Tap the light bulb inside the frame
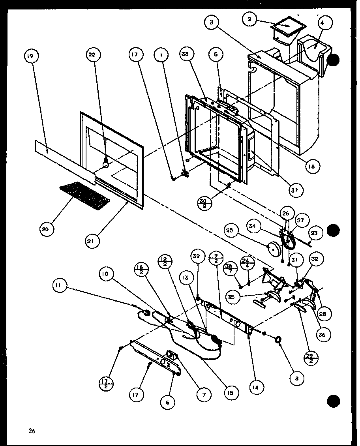tap(106, 162)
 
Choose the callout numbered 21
tap(93, 241)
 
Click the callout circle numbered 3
tap(212, 23)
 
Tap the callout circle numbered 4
tap(322, 23)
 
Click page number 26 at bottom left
tap(32, 431)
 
